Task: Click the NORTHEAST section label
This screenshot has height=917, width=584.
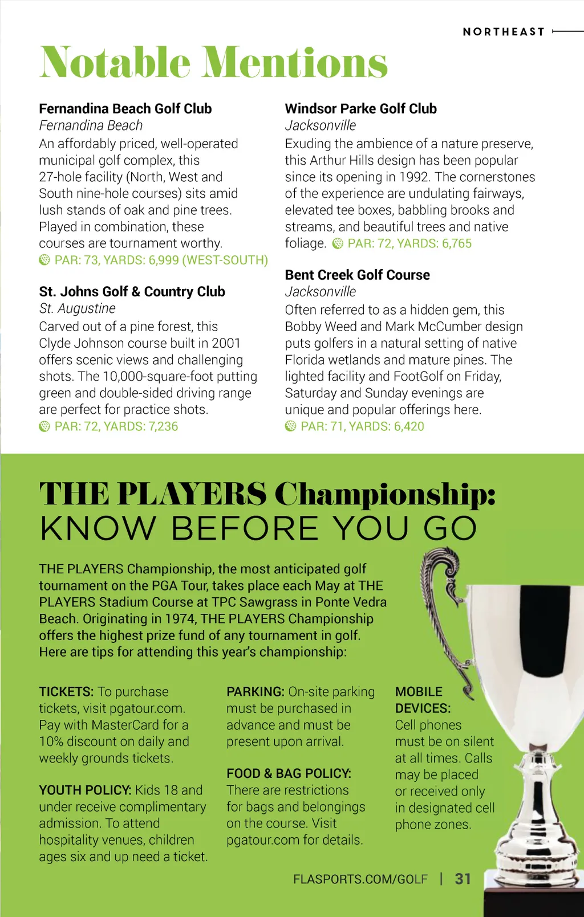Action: pos(504,32)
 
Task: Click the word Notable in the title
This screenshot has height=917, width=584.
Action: pos(114,62)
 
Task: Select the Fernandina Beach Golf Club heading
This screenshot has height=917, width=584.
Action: pos(125,109)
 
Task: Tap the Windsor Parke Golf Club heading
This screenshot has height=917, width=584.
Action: pos(360,109)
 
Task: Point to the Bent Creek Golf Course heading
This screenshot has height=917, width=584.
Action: pos(357,275)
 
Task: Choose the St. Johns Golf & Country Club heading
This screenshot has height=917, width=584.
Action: pos(132,292)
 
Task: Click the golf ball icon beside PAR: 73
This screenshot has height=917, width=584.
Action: pos(44,260)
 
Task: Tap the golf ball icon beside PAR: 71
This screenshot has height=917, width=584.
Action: pos(290,426)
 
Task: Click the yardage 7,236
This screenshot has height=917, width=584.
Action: pos(163,426)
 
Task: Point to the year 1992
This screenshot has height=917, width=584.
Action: pos(415,177)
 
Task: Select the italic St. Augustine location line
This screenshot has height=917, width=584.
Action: pos(77,308)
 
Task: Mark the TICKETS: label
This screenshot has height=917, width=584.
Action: pos(66,692)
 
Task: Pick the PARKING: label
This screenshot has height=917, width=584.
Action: pos(255,692)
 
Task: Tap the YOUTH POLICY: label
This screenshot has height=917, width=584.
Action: pos(85,790)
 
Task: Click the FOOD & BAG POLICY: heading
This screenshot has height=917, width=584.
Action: pos(289,773)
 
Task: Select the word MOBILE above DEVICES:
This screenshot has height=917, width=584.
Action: pos(419,692)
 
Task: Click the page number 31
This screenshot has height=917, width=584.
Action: pos(463,879)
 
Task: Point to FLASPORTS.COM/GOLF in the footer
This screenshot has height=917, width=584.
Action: pos(360,879)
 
